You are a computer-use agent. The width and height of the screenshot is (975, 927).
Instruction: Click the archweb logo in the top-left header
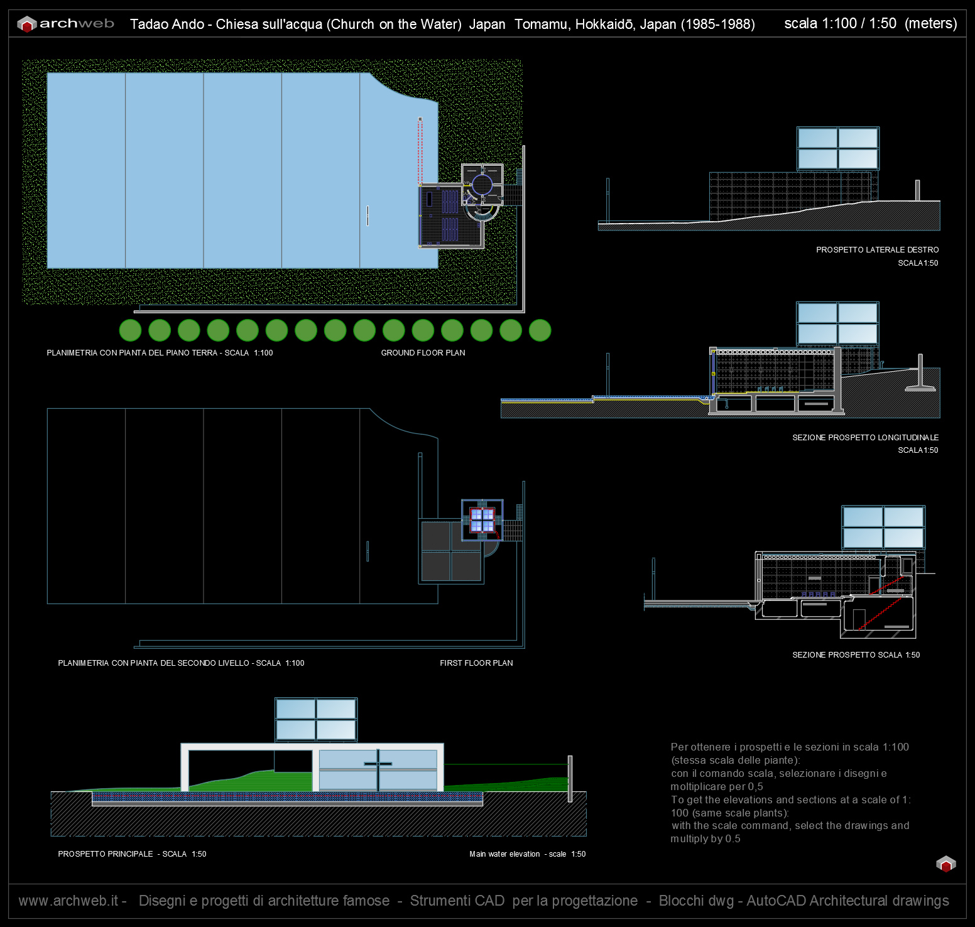click(x=66, y=24)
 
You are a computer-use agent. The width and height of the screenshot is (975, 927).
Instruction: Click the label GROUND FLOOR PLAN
click(x=423, y=353)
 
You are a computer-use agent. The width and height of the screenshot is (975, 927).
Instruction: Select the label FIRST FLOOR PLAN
click(x=476, y=663)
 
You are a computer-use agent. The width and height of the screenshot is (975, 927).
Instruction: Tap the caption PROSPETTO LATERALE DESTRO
click(x=877, y=250)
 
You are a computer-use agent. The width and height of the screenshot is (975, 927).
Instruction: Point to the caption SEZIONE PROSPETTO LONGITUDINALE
click(x=865, y=438)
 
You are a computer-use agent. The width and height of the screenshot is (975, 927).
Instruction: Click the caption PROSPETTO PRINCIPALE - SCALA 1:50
click(x=132, y=854)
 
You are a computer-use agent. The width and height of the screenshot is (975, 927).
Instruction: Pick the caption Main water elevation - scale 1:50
click(x=527, y=854)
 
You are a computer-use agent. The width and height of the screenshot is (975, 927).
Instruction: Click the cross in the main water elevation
click(x=378, y=764)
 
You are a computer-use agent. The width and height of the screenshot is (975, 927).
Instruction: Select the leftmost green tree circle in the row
click(x=130, y=330)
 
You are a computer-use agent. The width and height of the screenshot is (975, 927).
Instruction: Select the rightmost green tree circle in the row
click(x=540, y=330)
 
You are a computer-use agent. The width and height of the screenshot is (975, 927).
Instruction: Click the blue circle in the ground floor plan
click(x=482, y=185)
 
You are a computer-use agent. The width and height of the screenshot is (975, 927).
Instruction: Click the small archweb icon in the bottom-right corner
click(x=945, y=864)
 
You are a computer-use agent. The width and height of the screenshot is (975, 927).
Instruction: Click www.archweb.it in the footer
click(x=68, y=901)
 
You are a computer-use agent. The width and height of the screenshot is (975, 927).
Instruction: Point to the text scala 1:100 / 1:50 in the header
click(x=841, y=24)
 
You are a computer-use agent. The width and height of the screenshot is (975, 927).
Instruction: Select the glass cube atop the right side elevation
click(x=838, y=149)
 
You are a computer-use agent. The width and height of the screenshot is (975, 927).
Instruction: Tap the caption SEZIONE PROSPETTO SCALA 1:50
click(x=856, y=655)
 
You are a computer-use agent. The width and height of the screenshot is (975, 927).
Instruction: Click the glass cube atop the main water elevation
click(x=316, y=720)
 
